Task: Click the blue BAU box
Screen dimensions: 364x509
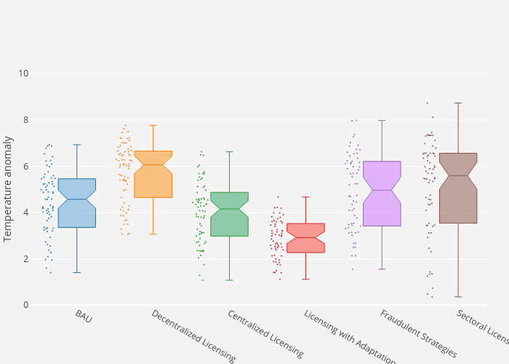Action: (x=76, y=204)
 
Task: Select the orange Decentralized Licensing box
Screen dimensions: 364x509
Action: (x=153, y=175)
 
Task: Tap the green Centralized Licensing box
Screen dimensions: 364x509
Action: (x=229, y=215)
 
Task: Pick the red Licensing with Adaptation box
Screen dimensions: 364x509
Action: (x=305, y=238)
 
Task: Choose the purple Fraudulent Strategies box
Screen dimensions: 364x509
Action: (x=382, y=194)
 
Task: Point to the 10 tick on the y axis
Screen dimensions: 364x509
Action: (x=24, y=74)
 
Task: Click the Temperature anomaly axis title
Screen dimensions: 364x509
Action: (x=9, y=189)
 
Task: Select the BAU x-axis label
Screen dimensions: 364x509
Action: (x=83, y=317)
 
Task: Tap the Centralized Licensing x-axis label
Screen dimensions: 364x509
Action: (x=265, y=334)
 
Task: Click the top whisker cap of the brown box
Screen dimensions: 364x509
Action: (x=458, y=103)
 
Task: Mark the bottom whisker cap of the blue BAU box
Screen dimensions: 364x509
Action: (x=76, y=272)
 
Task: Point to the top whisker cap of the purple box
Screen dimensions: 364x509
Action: (x=382, y=120)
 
